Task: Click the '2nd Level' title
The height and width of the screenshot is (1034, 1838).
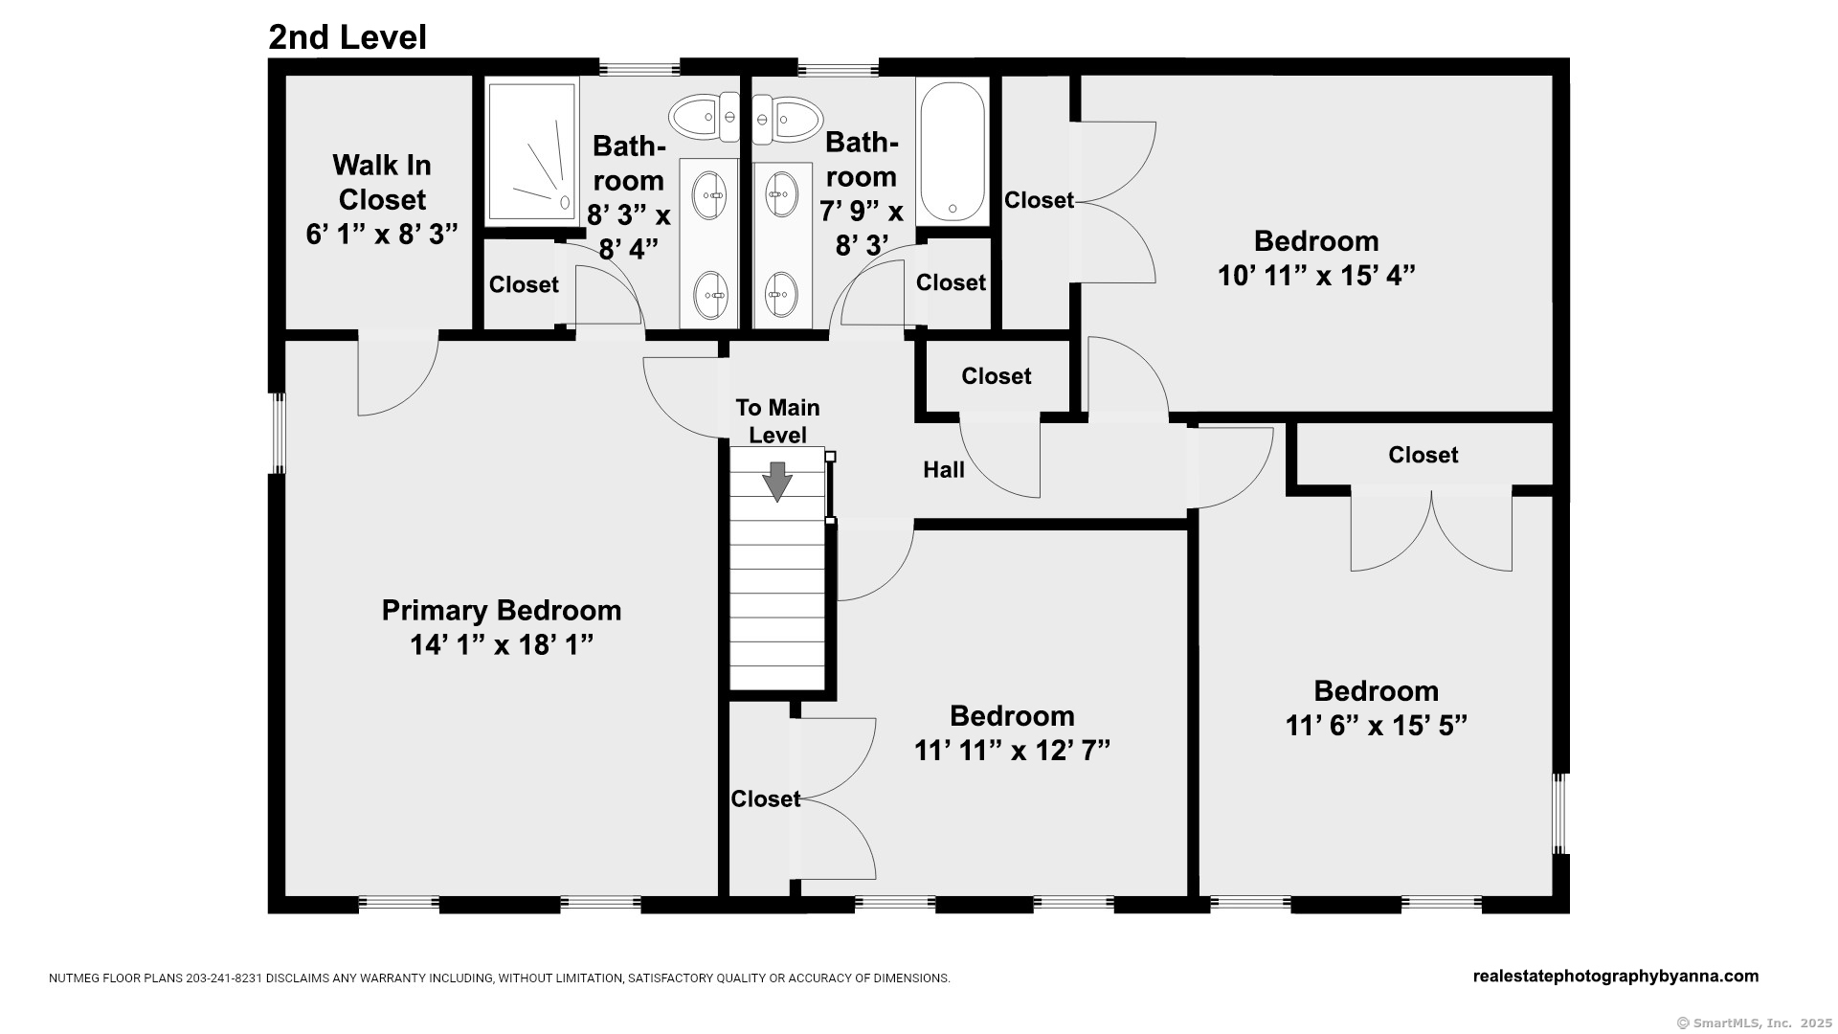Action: [347, 37]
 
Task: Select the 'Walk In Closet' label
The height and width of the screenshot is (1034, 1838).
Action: [381, 182]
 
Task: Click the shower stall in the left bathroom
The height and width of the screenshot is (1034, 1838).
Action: [532, 151]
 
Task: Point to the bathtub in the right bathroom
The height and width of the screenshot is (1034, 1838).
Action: [953, 151]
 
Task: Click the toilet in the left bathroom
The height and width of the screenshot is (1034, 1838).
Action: [705, 118]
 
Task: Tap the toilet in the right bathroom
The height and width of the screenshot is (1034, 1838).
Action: [788, 120]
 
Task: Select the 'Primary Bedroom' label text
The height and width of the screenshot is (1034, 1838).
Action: [502, 610]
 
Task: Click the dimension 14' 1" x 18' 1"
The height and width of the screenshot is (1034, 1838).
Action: [502, 644]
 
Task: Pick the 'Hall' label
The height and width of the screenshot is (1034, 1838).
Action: [943, 469]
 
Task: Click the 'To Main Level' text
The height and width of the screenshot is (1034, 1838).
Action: [777, 421]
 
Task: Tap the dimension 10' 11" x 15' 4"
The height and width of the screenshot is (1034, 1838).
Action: [1316, 276]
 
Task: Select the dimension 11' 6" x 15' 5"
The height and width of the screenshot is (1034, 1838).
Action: [1376, 726]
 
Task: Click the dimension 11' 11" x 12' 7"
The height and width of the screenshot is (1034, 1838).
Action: [1012, 751]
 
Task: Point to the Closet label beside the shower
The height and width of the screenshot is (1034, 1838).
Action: [524, 284]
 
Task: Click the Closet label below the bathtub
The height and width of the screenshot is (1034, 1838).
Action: [951, 282]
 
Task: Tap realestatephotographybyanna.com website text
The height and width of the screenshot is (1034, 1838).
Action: [1615, 977]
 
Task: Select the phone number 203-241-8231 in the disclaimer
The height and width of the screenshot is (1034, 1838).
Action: [224, 978]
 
